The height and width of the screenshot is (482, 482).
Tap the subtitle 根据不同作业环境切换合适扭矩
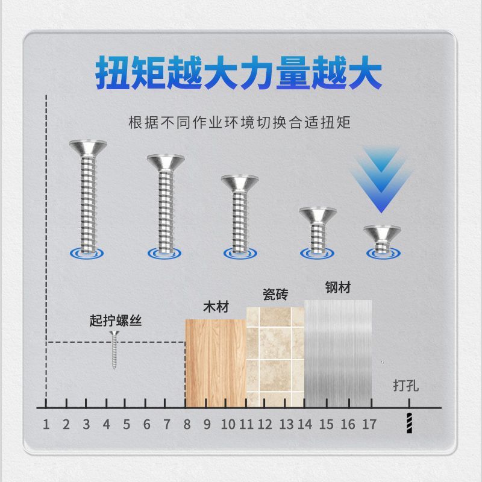click(239, 123)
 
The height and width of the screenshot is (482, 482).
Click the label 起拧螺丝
click(115, 321)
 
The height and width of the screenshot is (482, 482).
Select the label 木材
click(216, 307)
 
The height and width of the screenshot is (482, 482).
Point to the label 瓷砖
click(275, 295)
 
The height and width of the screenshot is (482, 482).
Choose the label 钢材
click(337, 287)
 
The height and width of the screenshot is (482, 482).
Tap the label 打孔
click(405, 385)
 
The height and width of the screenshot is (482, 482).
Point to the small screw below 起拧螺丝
click(113, 350)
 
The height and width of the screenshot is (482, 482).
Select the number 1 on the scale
click(46, 424)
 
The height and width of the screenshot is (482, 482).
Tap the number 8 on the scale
click(187, 424)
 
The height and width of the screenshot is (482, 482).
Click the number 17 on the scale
click(369, 424)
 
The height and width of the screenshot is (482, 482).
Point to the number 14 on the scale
click(305, 424)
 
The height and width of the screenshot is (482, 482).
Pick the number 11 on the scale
click(246, 424)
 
